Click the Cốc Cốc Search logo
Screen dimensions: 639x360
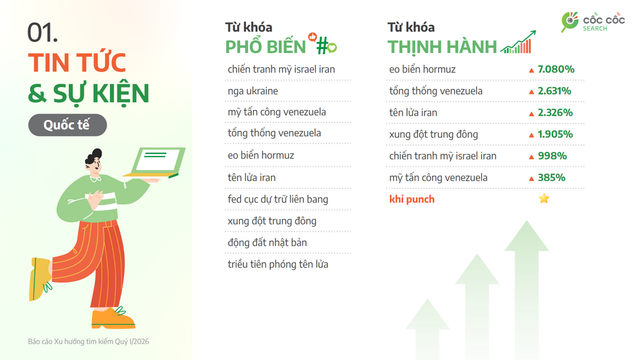click(592, 22)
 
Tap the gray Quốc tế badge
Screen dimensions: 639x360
click(68, 125)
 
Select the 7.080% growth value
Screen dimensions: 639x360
click(556, 69)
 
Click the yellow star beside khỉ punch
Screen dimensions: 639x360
click(544, 199)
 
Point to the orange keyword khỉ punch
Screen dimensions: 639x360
click(412, 200)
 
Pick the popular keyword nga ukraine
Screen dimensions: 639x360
click(252, 91)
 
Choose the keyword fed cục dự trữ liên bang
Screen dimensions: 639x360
click(278, 200)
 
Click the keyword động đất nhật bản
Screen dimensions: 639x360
click(267, 242)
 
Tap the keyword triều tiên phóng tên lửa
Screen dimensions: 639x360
click(278, 264)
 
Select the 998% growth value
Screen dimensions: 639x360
click(552, 156)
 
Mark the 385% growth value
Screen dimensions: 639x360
click(551, 178)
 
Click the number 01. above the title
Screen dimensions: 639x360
click(42, 33)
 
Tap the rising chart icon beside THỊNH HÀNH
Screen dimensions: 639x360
click(518, 42)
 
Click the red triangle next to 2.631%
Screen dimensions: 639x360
click(532, 91)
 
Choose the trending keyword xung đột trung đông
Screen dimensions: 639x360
click(434, 134)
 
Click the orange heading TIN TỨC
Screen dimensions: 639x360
click(77, 63)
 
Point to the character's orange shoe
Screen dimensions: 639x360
click(112, 318)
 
